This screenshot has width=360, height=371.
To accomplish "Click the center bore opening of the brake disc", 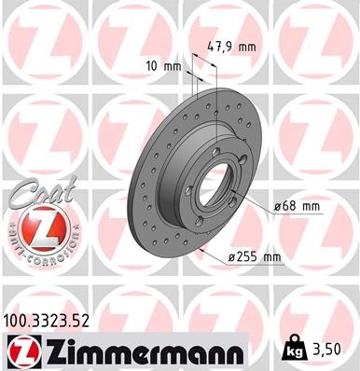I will pos(214,172).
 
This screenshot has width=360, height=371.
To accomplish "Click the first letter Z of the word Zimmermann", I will pos(54,350).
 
